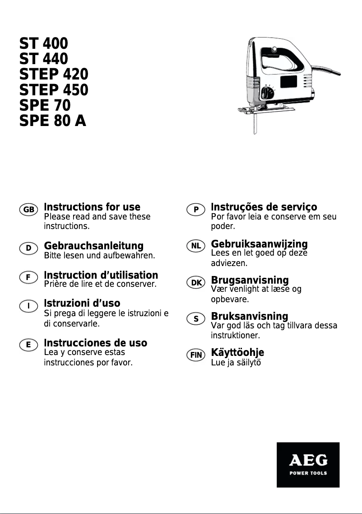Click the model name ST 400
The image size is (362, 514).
click(43, 44)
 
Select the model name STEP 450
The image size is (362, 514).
click(54, 90)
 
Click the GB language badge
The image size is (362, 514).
click(28, 210)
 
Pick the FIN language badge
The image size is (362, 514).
click(196, 355)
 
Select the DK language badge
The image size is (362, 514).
click(196, 283)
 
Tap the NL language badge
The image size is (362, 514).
click(196, 246)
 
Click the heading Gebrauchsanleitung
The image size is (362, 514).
click(93, 246)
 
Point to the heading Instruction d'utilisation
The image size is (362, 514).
click(101, 275)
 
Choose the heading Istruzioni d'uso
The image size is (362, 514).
click(82, 303)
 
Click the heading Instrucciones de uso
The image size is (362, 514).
click(95, 343)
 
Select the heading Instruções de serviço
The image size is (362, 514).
click(264, 207)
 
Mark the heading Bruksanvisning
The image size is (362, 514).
click(250, 316)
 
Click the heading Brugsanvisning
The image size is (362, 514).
click(250, 280)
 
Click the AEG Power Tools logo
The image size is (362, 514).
click(308, 464)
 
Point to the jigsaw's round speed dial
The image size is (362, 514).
click(267, 93)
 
